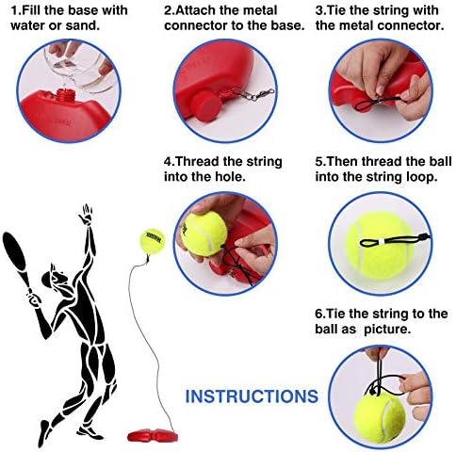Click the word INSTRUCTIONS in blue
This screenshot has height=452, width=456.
(252, 396)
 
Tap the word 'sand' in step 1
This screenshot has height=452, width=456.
(83, 25)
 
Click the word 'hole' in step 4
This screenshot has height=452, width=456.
(229, 177)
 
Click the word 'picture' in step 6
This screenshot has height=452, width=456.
(387, 330)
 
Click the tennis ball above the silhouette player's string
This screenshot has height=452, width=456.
(152, 241)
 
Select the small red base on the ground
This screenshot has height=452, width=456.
(153, 436)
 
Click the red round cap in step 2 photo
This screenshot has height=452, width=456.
(205, 105)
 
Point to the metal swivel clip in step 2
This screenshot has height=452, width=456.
(253, 94)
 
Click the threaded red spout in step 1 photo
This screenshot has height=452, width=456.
(65, 93)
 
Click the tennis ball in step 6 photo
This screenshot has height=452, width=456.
(380, 416)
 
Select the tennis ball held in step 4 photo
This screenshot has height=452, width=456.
(204, 234)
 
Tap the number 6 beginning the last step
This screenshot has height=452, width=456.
(319, 314)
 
